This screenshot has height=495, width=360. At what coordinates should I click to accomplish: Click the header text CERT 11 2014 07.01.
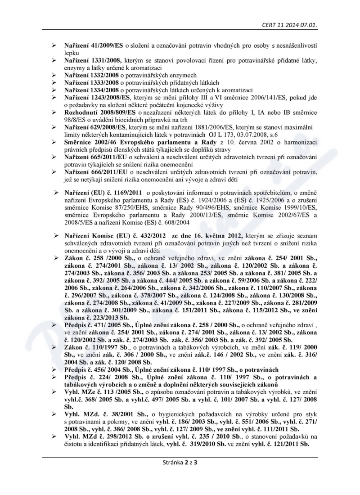coord(290,25)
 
